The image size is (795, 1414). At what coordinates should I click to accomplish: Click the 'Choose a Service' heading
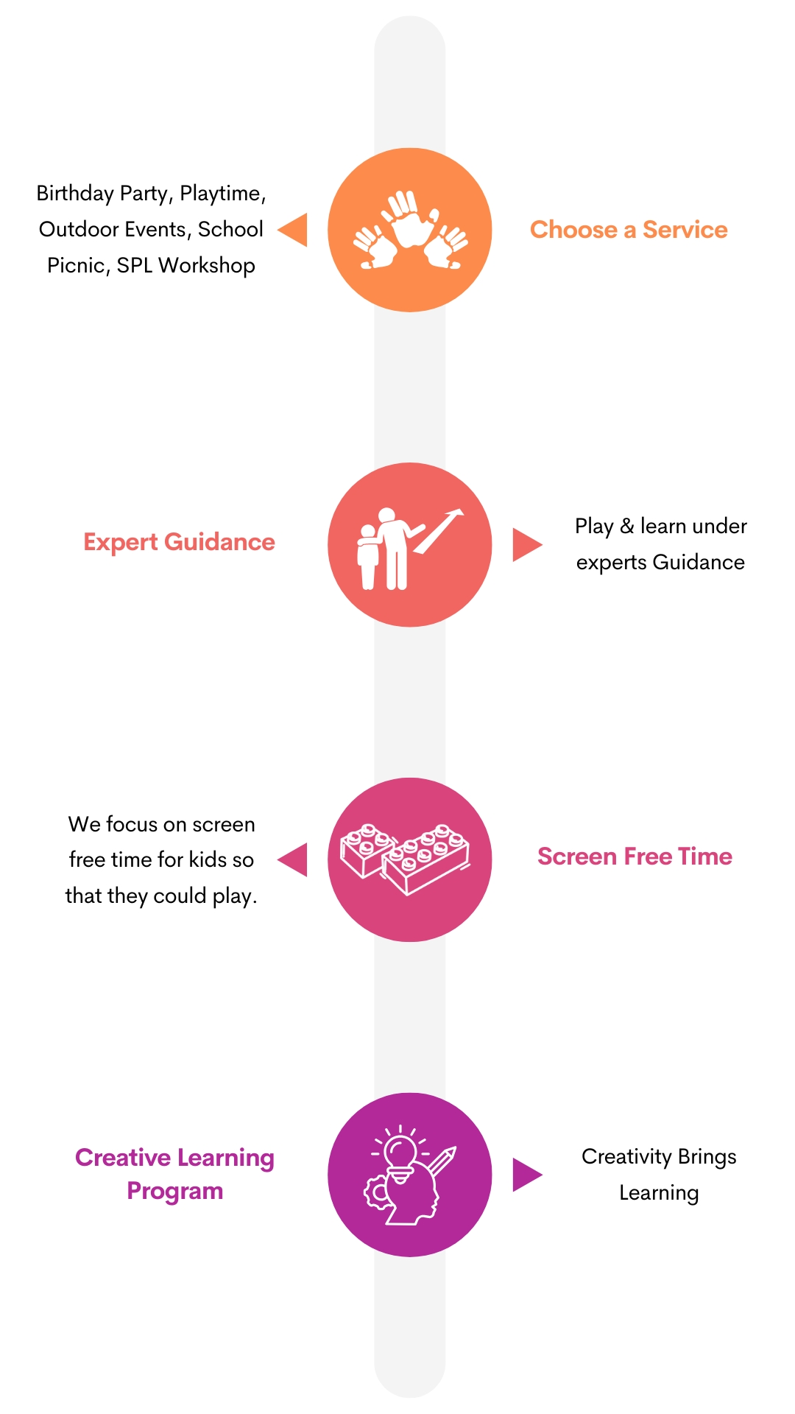(x=628, y=230)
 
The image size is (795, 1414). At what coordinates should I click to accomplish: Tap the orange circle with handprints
(x=410, y=230)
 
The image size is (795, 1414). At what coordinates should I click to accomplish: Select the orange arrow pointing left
(x=294, y=230)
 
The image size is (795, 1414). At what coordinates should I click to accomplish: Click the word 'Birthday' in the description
(x=74, y=193)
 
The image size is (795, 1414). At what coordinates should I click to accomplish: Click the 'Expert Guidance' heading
(x=179, y=542)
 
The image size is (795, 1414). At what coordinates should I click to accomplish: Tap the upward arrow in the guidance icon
(x=441, y=529)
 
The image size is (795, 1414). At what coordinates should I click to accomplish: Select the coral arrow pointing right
(x=526, y=545)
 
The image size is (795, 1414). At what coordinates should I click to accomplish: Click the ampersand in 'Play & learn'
(x=626, y=526)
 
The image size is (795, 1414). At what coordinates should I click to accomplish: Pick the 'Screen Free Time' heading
(x=635, y=857)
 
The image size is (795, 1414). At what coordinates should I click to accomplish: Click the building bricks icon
(x=405, y=859)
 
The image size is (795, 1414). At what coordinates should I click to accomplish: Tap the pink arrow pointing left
(x=294, y=859)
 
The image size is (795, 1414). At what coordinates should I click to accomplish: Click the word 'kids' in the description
(x=207, y=859)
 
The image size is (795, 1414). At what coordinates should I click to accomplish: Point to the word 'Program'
(x=174, y=1191)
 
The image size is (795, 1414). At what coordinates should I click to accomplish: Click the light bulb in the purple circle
(x=400, y=1153)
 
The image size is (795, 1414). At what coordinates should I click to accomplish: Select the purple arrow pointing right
(x=526, y=1175)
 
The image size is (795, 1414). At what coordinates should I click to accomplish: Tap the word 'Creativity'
(x=626, y=1157)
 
